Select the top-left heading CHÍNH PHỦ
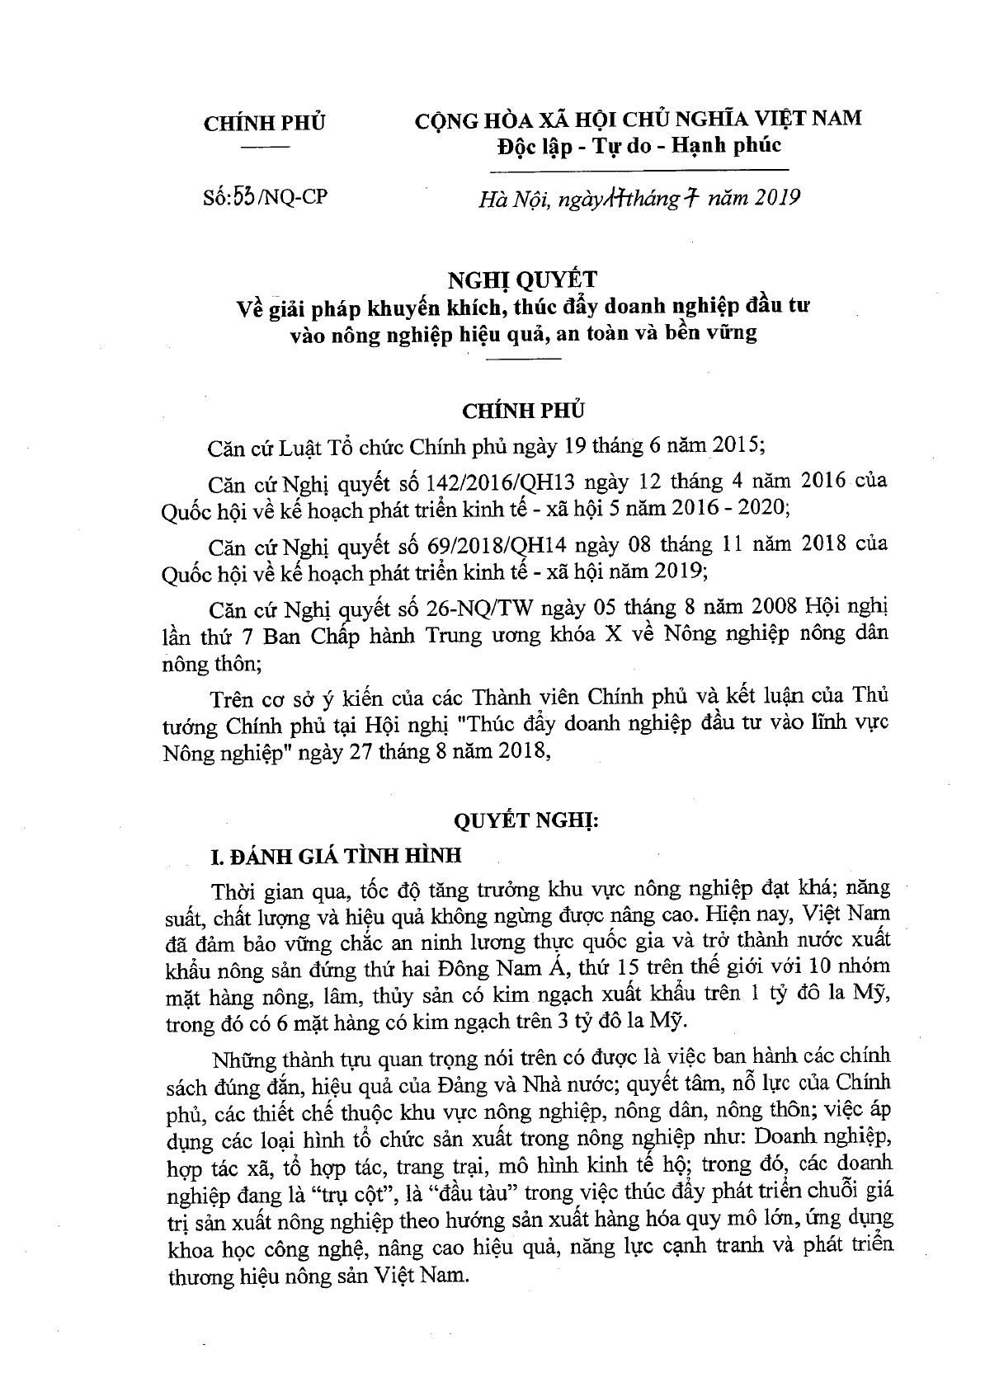click(x=264, y=122)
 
